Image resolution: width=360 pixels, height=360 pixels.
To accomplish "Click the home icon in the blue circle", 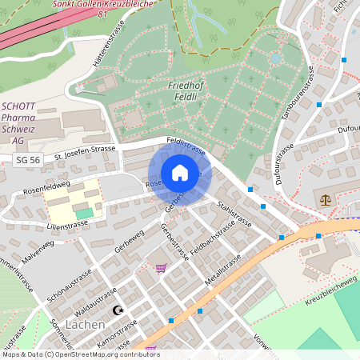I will click(x=179, y=173).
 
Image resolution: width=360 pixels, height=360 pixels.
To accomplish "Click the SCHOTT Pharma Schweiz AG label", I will click(x=23, y=122).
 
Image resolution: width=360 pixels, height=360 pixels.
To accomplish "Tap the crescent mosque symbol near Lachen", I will click(x=121, y=309).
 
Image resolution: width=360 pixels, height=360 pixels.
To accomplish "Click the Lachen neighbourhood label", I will click(x=85, y=325).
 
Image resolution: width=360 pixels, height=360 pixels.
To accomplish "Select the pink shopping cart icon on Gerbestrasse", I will click(x=161, y=268).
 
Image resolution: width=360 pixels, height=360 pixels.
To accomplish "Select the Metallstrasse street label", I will click(x=223, y=271).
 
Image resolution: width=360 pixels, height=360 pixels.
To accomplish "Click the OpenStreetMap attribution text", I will click(x=80, y=354).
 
